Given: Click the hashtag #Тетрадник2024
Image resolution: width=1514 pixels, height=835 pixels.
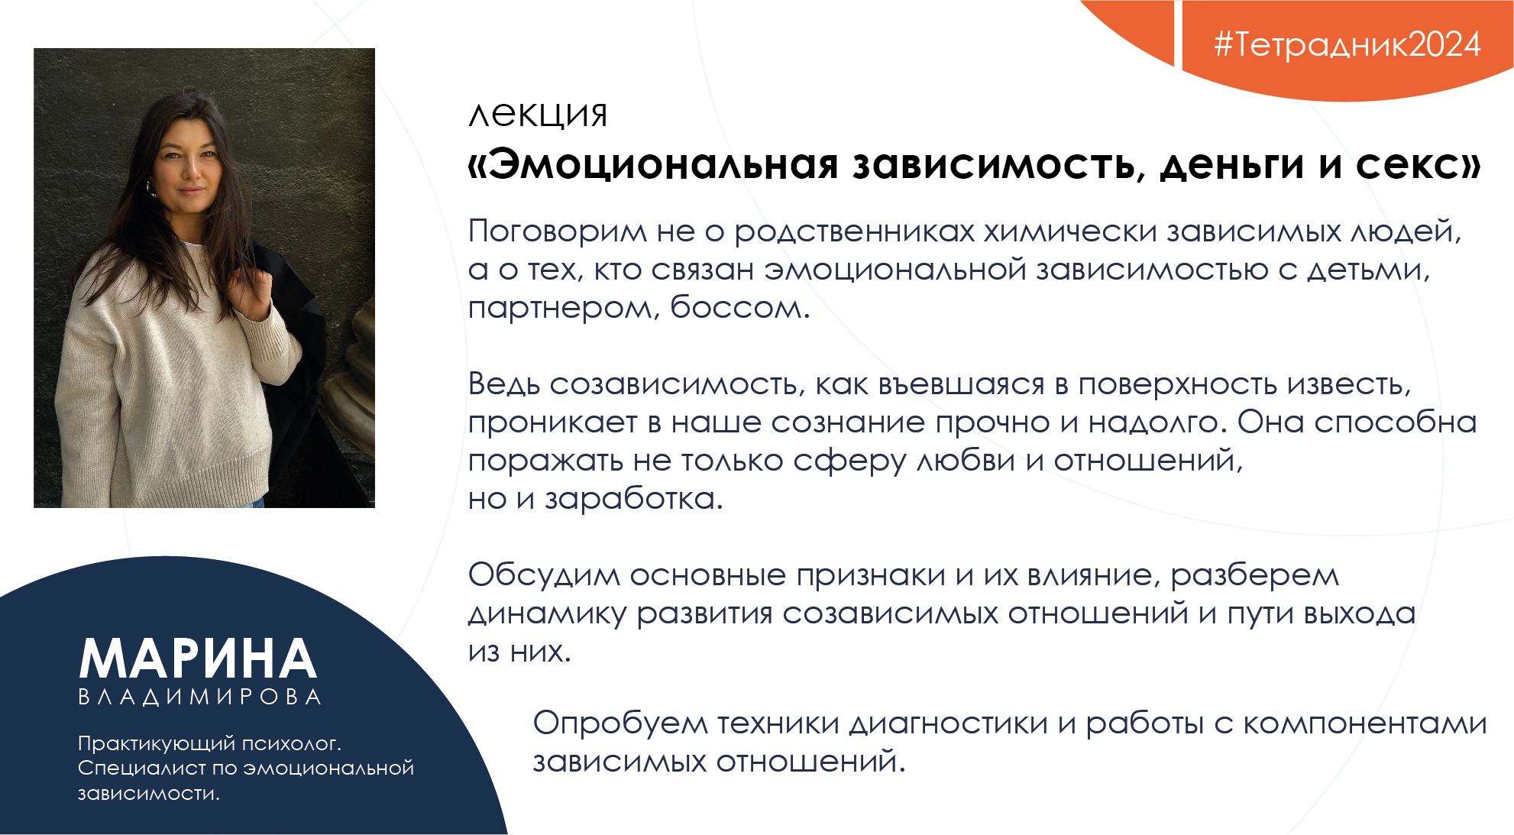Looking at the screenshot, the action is tap(1347, 44).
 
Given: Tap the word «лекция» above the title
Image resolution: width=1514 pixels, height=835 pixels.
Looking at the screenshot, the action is tap(538, 115).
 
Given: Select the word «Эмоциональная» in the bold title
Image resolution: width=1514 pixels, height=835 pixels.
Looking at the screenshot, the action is tap(663, 164).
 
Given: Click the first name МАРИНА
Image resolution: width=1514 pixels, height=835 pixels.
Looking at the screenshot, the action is tap(199, 659).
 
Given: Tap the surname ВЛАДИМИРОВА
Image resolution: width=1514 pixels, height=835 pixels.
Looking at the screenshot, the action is tap(200, 697).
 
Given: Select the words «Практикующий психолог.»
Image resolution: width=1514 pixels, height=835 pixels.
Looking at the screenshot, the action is tap(209, 743).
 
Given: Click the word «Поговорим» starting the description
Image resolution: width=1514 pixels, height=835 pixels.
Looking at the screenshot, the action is tap(557, 231).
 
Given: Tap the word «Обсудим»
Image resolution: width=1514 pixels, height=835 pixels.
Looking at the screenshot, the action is tap(543, 575).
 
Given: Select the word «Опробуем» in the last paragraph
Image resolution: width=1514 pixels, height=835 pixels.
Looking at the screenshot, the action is tap(620, 723).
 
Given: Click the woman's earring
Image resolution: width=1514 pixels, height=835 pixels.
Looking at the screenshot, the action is tap(150, 188).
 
